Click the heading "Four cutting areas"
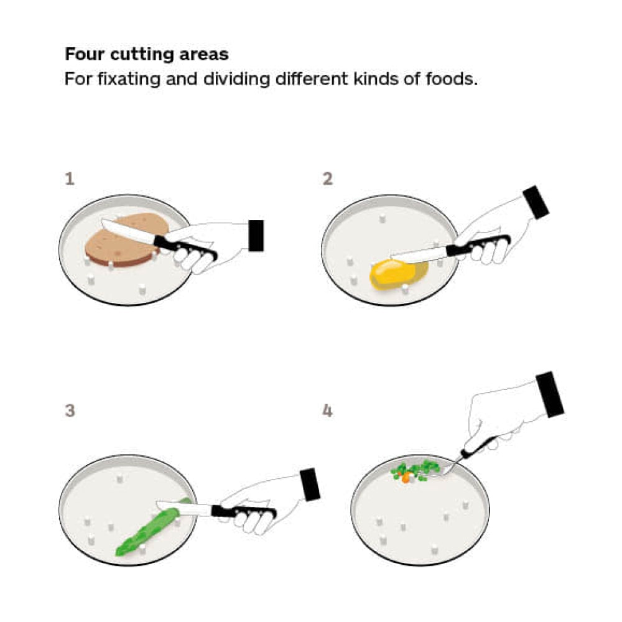pos(146,54)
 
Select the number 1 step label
pos(70,179)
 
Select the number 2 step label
pos(327,179)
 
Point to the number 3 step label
pos(70,410)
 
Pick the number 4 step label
pos(327,411)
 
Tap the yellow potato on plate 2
pos(398,274)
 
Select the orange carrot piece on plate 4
pos(406,478)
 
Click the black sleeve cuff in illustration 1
pos(256,236)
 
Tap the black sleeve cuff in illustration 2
pos(536,202)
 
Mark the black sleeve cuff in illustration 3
pos(310,485)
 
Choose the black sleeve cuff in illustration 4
pos(550,394)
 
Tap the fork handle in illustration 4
pos(479,445)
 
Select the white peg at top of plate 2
pos(382,218)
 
